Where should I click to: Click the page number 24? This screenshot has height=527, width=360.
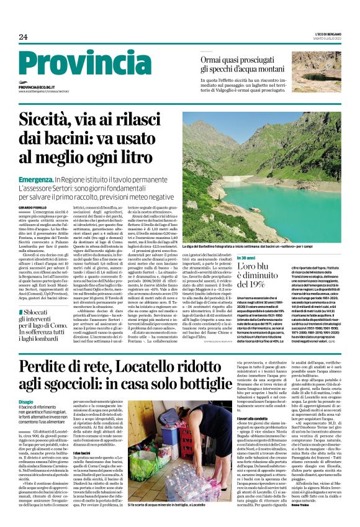[23, 37]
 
